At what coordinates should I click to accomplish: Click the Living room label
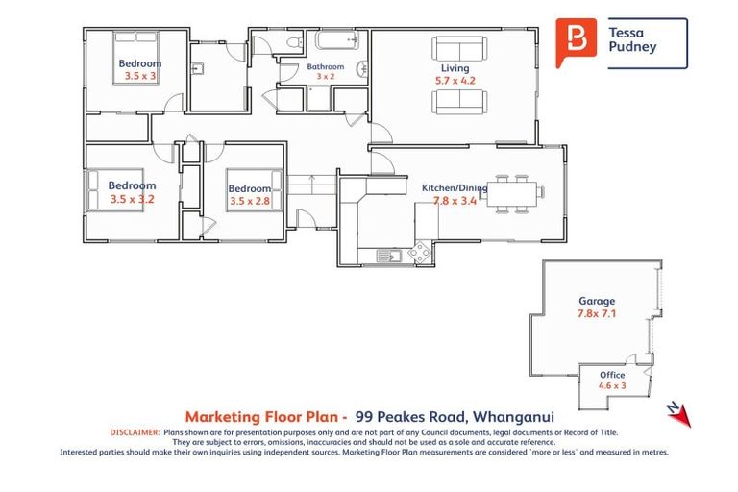point(455,68)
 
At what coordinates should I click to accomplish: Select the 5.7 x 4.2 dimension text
point(455,82)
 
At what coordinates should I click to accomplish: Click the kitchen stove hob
point(420,252)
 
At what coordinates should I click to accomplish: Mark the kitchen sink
point(388,256)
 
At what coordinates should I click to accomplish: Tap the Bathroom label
point(326,67)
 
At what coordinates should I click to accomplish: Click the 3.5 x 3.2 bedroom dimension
point(132,200)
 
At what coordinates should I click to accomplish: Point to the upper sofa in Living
point(460,48)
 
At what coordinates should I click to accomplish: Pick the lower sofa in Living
point(460,101)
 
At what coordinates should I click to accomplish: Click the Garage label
point(597,300)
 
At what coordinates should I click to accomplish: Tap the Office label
point(612,375)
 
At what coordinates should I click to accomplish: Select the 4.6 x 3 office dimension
point(612,386)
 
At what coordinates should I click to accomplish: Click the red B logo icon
point(577,39)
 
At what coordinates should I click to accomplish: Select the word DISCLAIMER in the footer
point(134,433)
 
